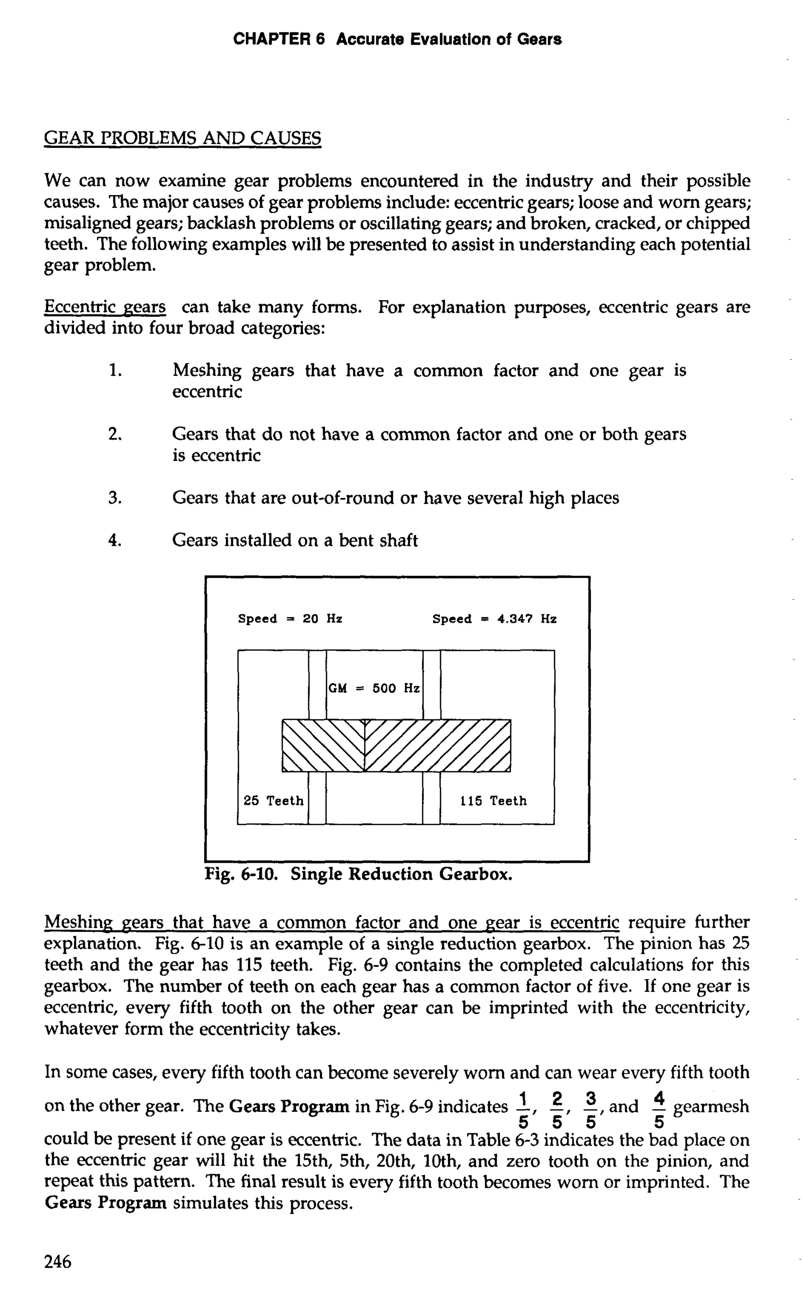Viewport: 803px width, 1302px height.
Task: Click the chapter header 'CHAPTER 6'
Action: [279, 39]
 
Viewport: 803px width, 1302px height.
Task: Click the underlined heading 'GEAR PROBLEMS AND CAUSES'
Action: [182, 138]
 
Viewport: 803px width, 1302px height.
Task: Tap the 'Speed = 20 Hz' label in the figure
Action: [290, 619]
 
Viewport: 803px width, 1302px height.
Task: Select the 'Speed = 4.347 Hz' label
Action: [494, 619]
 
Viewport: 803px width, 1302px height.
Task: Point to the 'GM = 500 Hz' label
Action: [374, 689]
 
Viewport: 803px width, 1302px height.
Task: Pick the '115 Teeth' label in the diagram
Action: [493, 801]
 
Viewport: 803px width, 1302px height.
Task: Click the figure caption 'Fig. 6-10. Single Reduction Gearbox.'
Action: [358, 874]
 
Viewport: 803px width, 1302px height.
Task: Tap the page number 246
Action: [57, 1261]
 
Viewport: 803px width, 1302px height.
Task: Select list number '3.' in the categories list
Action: [115, 498]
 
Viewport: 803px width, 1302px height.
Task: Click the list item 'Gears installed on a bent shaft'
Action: [295, 541]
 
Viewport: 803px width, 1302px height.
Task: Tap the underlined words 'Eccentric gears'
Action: [105, 307]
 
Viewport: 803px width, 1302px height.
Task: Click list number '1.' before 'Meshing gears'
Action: [115, 370]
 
